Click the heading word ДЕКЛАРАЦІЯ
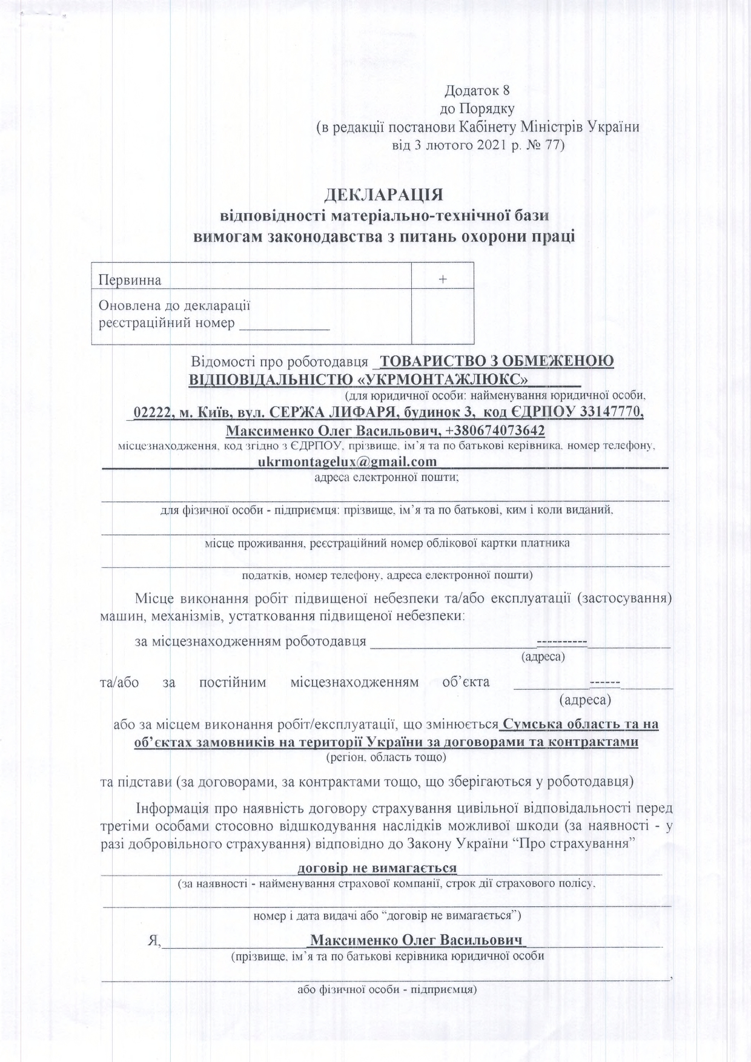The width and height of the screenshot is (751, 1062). (384, 195)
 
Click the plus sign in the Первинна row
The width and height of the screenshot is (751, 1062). (443, 280)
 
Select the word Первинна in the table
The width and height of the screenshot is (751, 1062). (130, 280)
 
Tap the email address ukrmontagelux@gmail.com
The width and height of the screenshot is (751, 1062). (347, 462)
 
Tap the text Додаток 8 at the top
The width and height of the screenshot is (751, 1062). (478, 91)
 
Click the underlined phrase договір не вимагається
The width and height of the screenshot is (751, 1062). (377, 868)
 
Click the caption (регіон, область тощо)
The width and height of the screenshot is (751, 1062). (386, 757)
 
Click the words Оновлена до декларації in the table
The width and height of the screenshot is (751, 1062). (174, 306)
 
